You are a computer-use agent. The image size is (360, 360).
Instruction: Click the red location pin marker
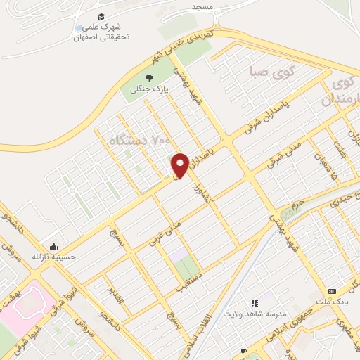180,165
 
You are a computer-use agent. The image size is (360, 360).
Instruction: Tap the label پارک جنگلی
149,89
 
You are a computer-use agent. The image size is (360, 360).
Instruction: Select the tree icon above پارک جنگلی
149,77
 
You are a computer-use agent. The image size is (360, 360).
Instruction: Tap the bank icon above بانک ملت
332,291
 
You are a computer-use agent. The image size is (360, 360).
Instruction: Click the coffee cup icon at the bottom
243,350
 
